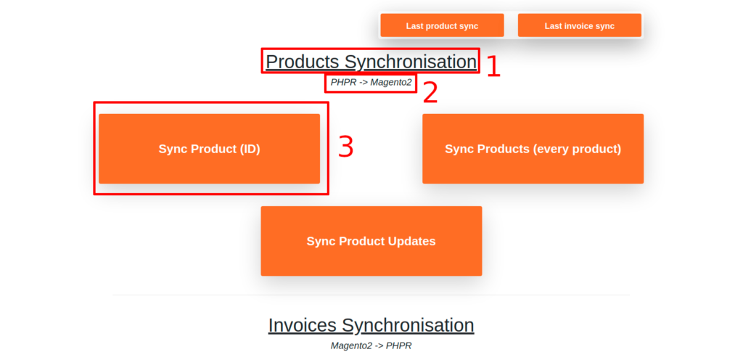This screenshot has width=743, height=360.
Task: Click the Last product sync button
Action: pyautogui.click(x=442, y=25)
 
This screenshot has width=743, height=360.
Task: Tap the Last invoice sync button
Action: pyautogui.click(x=580, y=25)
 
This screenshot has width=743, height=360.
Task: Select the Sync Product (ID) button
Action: pyautogui.click(x=210, y=149)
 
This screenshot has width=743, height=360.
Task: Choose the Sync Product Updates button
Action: pyautogui.click(x=371, y=241)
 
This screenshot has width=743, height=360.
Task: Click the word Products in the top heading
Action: pyautogui.click(x=303, y=62)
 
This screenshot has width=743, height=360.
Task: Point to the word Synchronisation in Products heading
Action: pyautogui.click(x=411, y=62)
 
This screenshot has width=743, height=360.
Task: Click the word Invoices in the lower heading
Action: pyautogui.click(x=303, y=325)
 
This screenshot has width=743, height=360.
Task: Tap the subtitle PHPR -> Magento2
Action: pyautogui.click(x=371, y=83)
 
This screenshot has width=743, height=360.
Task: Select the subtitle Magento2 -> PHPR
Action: pyautogui.click(x=371, y=345)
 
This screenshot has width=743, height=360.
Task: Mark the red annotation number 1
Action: pyautogui.click(x=493, y=66)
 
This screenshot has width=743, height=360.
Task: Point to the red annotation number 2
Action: pyautogui.click(x=430, y=92)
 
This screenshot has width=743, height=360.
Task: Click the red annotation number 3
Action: pyautogui.click(x=346, y=147)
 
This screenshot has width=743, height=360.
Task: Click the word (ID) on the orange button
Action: pyautogui.click(x=250, y=150)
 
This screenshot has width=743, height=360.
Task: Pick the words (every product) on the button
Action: pyautogui.click(x=577, y=150)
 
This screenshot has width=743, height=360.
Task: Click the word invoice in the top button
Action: pyautogui.click(x=580, y=26)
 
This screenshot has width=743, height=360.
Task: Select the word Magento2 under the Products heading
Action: pyautogui.click(x=391, y=83)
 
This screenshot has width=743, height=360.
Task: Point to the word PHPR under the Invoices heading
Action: pyautogui.click(x=399, y=345)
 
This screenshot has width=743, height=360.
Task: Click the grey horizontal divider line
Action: pyautogui.click(x=371, y=295)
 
